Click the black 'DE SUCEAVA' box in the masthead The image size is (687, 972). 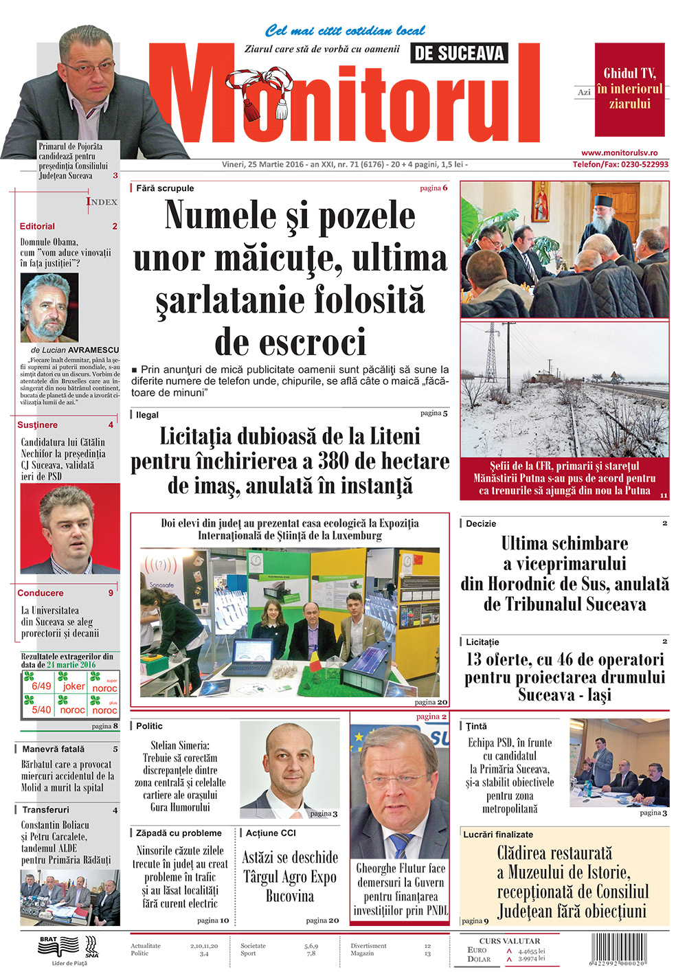pyautogui.click(x=459, y=53)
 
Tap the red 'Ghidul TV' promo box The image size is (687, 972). pyautogui.click(x=629, y=89)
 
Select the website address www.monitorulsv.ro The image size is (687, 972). pyautogui.click(x=620, y=152)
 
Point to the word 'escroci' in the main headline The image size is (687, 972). pyautogui.click(x=291, y=341)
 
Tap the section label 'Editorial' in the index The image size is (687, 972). pyautogui.click(x=37, y=226)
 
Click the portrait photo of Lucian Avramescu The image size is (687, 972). pyautogui.click(x=49, y=307)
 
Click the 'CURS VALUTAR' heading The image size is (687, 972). pyautogui.click(x=509, y=941)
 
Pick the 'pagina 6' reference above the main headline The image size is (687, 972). pyautogui.click(x=433, y=188)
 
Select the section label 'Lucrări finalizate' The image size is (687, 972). pyautogui.click(x=498, y=835)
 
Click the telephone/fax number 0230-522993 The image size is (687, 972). pyautogui.click(x=644, y=165)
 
